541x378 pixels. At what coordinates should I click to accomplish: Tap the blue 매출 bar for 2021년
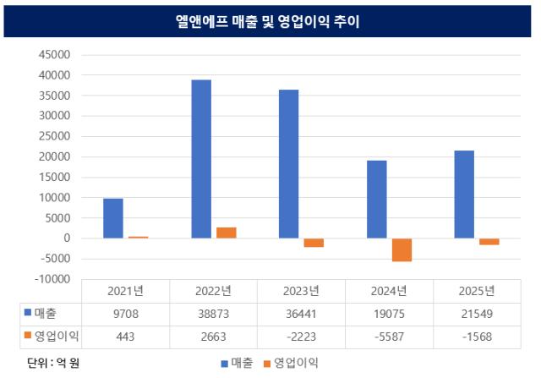point(113,218)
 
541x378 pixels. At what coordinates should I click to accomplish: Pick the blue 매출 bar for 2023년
point(288,164)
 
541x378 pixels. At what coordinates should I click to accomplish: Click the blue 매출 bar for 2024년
point(377,200)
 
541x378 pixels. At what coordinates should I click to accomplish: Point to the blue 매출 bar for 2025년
point(464,194)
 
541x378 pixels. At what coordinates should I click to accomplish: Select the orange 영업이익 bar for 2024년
point(402,249)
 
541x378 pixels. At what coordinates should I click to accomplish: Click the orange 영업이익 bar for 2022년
point(226,233)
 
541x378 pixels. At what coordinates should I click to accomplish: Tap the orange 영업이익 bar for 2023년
point(314,243)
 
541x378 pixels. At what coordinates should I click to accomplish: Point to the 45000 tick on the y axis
point(57,55)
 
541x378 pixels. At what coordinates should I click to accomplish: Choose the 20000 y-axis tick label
point(57,156)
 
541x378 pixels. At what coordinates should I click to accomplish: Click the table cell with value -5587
point(389,336)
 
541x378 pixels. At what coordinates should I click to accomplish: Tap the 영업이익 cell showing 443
point(125,336)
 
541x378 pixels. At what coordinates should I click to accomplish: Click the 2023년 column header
point(301,291)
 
